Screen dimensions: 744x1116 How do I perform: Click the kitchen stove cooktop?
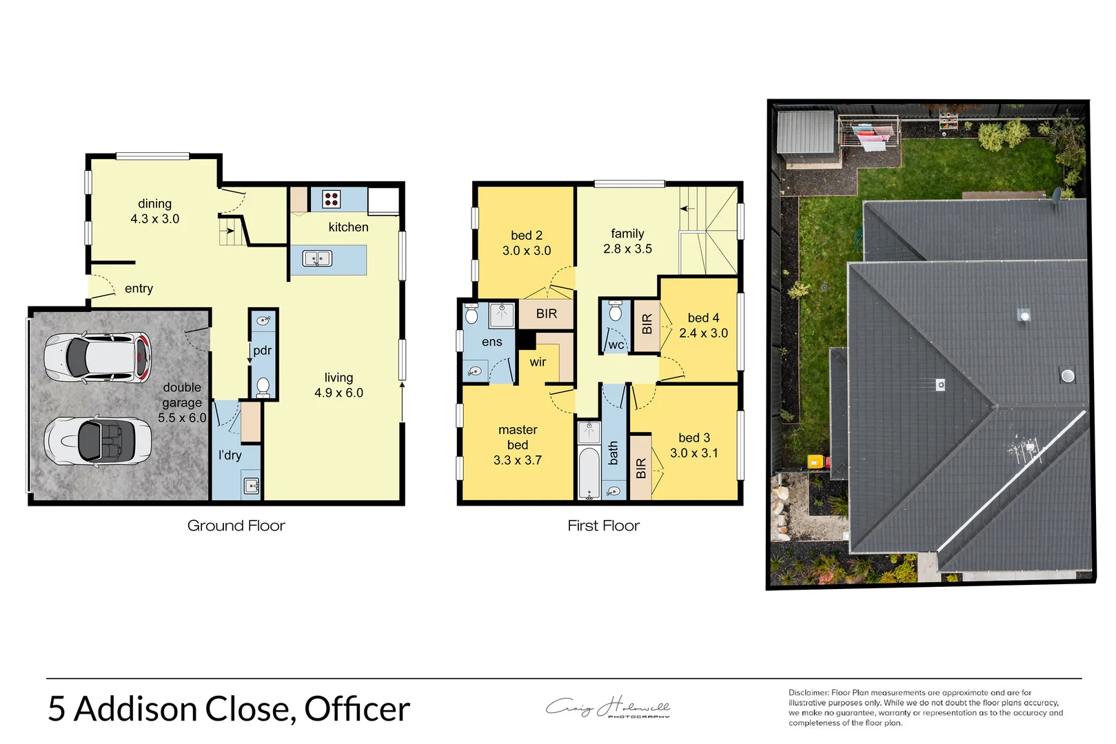click(x=331, y=199)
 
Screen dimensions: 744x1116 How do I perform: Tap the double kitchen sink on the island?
click(x=317, y=259)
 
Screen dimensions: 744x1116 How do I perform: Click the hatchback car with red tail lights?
click(x=98, y=358)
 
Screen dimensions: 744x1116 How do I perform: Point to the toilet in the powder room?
click(x=263, y=386)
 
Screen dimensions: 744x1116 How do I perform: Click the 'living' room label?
click(x=338, y=378)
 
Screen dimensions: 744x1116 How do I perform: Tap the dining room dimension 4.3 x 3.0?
click(x=155, y=219)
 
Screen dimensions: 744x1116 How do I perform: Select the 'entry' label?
click(x=139, y=289)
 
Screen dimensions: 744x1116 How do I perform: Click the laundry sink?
click(x=251, y=486)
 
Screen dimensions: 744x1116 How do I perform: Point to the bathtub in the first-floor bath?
click(x=588, y=473)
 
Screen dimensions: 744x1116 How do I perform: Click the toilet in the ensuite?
click(x=471, y=315)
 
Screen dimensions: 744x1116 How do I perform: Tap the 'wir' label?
click(x=538, y=362)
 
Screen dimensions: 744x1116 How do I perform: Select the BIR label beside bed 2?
click(x=546, y=314)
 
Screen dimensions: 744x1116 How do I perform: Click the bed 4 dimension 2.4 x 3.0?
click(x=703, y=333)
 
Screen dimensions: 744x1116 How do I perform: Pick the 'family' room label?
click(x=627, y=234)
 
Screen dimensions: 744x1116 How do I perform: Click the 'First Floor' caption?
click(x=603, y=526)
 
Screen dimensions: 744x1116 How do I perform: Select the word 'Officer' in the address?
click(x=357, y=709)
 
